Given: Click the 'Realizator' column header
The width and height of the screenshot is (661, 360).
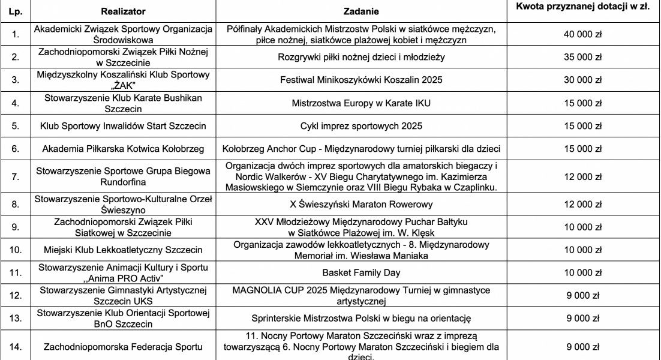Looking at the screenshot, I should (122, 11).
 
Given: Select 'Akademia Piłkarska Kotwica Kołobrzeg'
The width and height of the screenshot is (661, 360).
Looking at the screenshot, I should (122, 148).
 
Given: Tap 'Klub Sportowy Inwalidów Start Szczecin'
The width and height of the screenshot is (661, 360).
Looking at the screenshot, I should (122, 126).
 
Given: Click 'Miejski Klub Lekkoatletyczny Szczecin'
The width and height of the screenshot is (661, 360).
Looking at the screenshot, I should (122, 249).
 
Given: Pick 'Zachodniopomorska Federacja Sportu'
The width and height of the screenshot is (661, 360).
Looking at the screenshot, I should (122, 346).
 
